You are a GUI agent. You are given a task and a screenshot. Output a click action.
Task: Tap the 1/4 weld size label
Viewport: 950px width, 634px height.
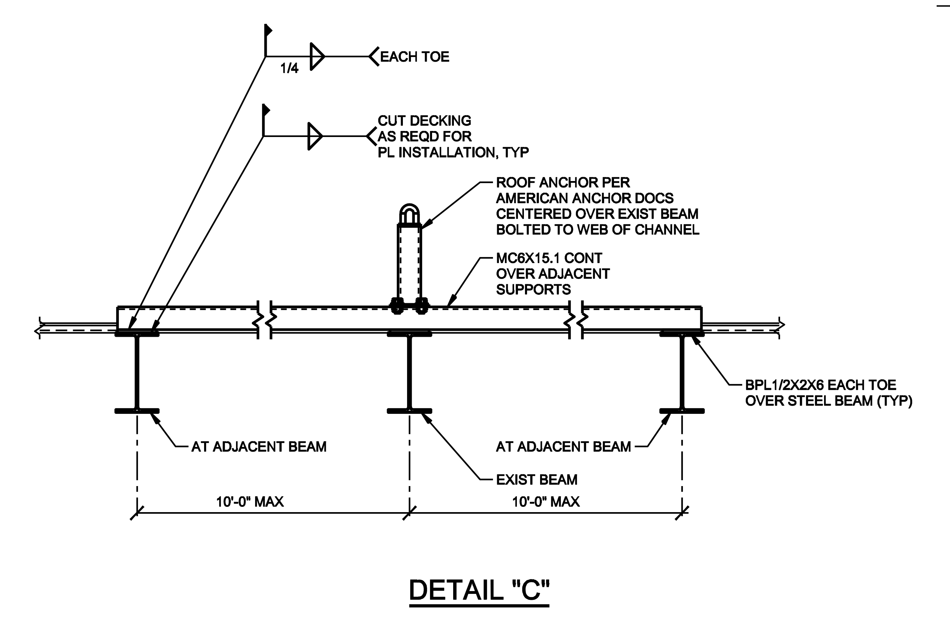[289, 68]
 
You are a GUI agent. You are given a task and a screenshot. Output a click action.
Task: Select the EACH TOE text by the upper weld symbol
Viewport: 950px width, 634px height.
[414, 57]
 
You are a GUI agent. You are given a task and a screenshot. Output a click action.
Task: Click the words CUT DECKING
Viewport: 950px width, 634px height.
[424, 120]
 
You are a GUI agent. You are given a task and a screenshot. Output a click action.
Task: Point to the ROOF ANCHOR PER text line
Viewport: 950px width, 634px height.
[563, 182]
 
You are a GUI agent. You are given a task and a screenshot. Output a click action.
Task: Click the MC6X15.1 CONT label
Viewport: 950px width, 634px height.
[549, 258]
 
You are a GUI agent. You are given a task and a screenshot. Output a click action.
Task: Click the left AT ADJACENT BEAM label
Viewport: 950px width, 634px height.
[259, 447]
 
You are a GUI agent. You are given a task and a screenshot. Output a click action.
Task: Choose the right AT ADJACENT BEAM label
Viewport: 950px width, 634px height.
[563, 447]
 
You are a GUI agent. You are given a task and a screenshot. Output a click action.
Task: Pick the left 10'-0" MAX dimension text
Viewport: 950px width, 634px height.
[249, 502]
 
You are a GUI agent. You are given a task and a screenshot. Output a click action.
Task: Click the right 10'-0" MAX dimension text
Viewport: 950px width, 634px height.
[546, 502]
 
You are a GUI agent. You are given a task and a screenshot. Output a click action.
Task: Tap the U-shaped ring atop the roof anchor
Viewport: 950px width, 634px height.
[410, 213]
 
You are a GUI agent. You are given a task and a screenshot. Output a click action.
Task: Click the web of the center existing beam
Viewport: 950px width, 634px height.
[410, 372]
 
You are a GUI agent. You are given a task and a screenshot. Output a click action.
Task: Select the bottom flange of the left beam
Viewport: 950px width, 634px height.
[137, 411]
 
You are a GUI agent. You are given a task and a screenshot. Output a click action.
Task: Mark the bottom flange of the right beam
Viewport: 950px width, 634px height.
[682, 411]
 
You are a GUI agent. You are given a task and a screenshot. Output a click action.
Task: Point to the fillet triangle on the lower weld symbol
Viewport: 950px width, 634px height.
[315, 136]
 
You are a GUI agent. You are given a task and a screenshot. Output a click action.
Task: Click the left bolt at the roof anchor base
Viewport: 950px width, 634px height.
[397, 306]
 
